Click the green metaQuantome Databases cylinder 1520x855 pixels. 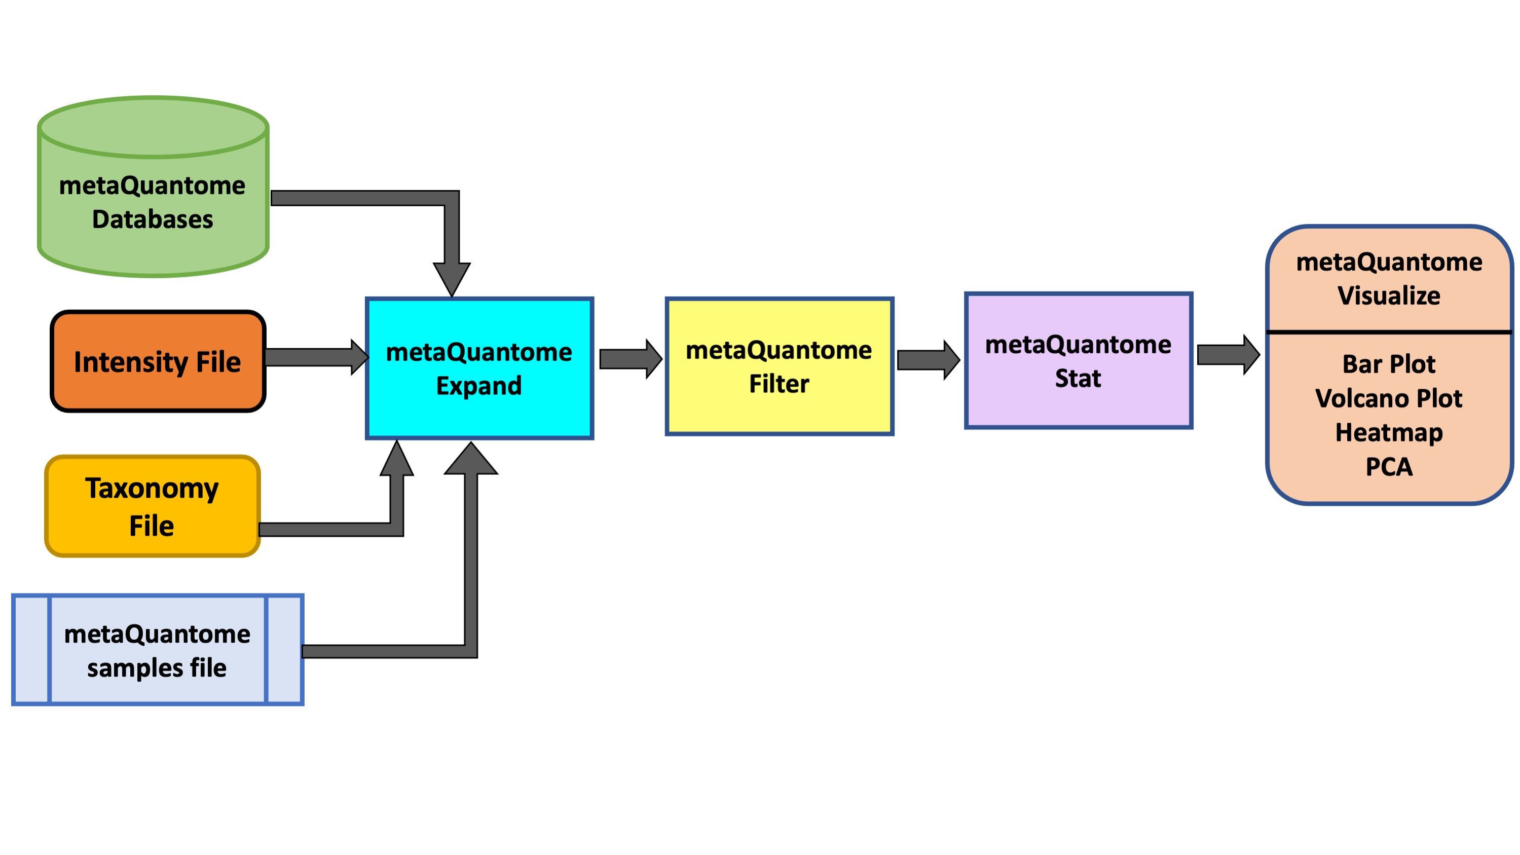click(x=153, y=187)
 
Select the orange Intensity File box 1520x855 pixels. click(x=158, y=361)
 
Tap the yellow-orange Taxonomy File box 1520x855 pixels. click(x=152, y=506)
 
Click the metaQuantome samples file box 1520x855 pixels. click(x=158, y=650)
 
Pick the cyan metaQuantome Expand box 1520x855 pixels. click(x=479, y=368)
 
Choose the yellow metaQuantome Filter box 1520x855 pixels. click(x=780, y=366)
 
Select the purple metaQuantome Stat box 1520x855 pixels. click(x=1078, y=360)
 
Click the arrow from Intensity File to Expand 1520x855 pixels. click(x=317, y=357)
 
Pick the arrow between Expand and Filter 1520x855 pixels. click(x=631, y=359)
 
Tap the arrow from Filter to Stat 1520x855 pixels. click(x=928, y=359)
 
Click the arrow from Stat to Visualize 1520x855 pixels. click(x=1229, y=355)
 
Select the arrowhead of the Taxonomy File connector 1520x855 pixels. click(x=396, y=457)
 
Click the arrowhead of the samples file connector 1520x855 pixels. click(x=471, y=458)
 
